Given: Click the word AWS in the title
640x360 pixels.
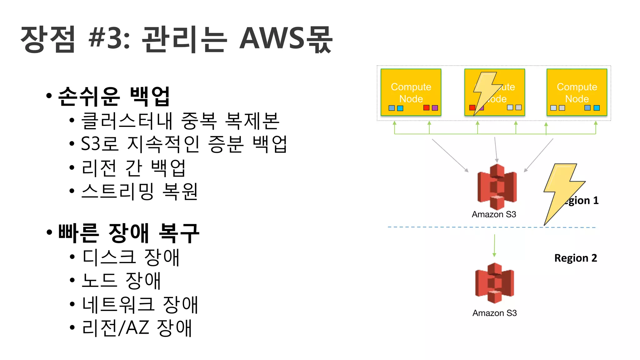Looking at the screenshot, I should pos(271,39).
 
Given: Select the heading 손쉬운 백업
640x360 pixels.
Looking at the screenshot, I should pos(114,96).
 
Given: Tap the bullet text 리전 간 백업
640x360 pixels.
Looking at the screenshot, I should pos(133,168).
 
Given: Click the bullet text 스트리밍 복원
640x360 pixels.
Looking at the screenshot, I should pos(139,191).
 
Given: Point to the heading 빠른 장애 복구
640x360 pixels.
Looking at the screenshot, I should pos(128,233).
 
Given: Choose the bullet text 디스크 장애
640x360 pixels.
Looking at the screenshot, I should pos(131,257).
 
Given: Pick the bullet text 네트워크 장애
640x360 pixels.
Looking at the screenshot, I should pos(140,305).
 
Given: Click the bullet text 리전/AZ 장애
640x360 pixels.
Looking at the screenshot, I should pos(137,328).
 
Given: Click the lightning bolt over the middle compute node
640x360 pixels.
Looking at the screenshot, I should pos(486,91).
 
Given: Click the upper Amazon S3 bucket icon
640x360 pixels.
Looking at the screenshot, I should pos(497,187).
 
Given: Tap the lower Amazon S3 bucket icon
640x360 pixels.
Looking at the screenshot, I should pos(494,283).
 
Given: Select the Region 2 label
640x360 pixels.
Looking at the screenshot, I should pos(575,258).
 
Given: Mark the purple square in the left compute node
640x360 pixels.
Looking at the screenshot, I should pos(435,108).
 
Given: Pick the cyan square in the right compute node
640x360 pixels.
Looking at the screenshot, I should pos(596,108).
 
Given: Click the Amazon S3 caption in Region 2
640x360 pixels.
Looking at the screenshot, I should pos(494,313).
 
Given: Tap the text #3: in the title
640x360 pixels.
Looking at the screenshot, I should pos(109,39).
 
